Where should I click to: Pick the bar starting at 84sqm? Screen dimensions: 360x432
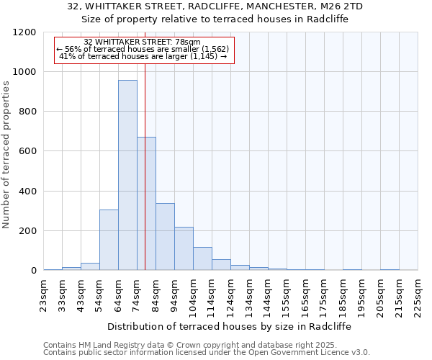(165, 237)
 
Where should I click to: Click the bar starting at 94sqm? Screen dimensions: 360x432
(184, 249)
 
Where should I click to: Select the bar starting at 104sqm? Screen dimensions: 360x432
(202, 258)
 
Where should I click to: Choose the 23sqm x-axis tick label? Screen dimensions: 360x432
(44, 294)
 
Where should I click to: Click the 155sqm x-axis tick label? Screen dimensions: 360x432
(287, 296)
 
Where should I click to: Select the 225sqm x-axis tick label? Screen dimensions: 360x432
(418, 296)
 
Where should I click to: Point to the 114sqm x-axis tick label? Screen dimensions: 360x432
(212, 296)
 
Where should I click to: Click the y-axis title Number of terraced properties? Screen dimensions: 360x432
(7, 154)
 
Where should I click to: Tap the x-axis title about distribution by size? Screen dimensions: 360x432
(230, 326)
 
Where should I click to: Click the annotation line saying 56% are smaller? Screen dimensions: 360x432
(142, 49)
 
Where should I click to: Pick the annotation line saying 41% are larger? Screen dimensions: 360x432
(143, 56)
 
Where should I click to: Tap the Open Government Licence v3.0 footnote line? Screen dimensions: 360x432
(207, 353)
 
